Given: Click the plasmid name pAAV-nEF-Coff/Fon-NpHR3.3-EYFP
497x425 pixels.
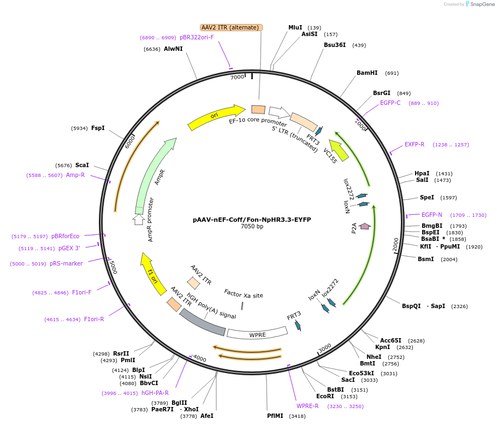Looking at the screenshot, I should pos(252,220).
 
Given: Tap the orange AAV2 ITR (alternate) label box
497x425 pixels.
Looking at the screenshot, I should pos(231,27).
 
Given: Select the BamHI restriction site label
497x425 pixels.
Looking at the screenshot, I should pos(367,73).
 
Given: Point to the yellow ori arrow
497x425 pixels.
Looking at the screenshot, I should pos(215,117).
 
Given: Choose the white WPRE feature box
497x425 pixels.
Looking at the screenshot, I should pos(257,332).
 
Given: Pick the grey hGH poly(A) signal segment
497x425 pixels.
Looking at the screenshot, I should pos(202,322).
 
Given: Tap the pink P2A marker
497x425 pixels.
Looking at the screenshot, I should pos(365,226).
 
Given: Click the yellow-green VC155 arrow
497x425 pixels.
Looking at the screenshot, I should pos(340,151).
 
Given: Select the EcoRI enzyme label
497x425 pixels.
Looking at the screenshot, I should pos(325,396).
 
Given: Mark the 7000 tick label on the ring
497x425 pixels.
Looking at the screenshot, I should pos(237,77).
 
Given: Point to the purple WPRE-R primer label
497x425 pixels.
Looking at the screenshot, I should pos(307,406).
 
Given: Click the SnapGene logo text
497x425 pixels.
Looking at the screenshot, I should pos(481,4).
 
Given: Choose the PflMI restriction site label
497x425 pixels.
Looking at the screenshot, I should pos(275,416).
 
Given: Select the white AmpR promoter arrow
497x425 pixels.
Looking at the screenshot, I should pos(139,220).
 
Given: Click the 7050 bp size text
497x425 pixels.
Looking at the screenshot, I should pos(252,226).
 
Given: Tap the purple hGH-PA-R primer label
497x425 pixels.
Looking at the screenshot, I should pos(155,393).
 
